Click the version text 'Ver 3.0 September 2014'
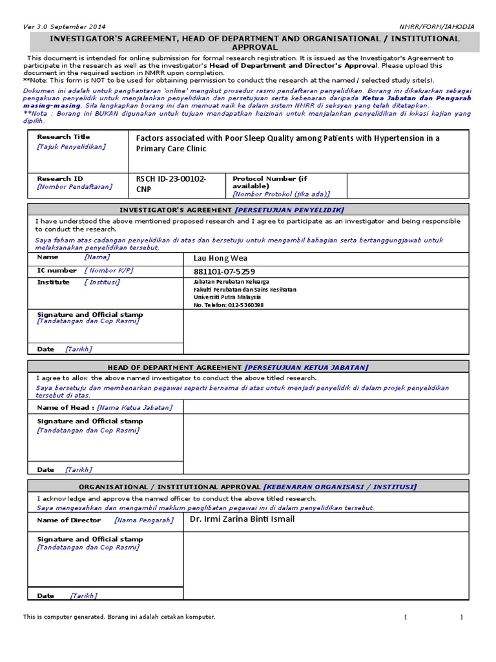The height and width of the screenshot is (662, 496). [x=65, y=27]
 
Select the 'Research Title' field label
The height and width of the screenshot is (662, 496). [x=63, y=137]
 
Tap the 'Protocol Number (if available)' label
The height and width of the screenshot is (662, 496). [x=264, y=182]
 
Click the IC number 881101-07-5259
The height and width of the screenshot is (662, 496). [x=224, y=272]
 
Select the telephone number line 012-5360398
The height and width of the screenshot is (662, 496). [x=229, y=305]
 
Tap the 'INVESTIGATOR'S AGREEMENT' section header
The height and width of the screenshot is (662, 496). [x=176, y=210]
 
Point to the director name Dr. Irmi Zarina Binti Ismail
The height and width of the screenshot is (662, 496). [x=242, y=519]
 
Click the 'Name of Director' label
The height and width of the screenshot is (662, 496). [x=69, y=520]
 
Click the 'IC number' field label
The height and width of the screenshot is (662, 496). [x=57, y=270]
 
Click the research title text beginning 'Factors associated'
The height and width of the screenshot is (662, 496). [x=287, y=143]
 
